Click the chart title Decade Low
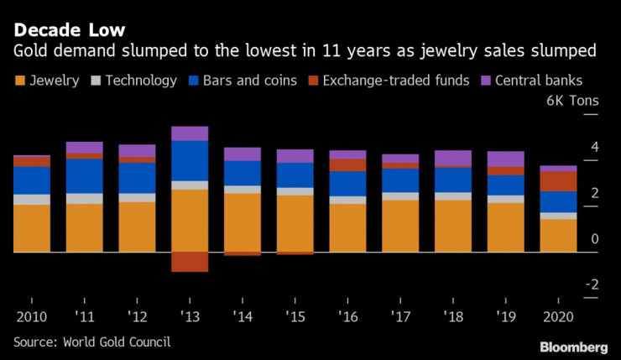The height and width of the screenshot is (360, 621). coord(69,30)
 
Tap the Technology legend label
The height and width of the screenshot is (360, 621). coord(141,81)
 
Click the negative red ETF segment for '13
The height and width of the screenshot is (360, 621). coord(190,261)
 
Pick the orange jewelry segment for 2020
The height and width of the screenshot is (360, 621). coord(559,236)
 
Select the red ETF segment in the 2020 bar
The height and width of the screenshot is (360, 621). coord(559,181)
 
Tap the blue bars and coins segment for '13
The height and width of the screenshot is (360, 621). coord(190,160)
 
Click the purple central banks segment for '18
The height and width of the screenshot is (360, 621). coord(453,158)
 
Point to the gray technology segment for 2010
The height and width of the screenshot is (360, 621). coord(31,200)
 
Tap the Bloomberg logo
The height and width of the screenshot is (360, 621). coord(573,347)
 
